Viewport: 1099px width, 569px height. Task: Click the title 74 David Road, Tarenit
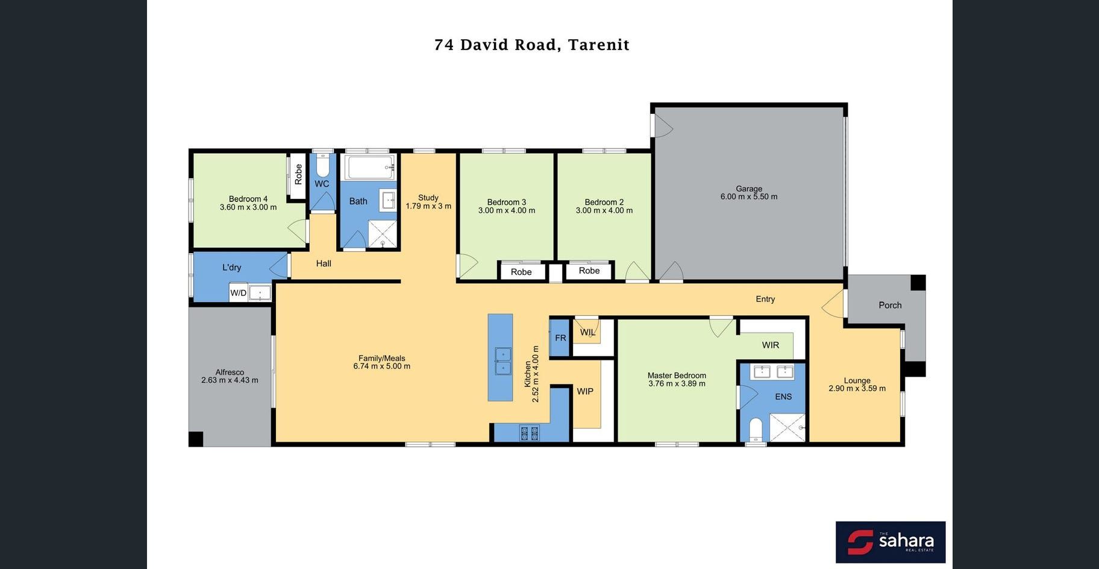click(531, 45)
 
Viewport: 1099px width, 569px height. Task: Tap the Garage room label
click(749, 189)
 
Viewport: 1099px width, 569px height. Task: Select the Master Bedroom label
click(677, 376)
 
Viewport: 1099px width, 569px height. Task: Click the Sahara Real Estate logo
click(891, 542)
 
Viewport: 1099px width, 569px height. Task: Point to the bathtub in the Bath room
click(371, 167)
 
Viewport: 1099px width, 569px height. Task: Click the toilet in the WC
click(322, 165)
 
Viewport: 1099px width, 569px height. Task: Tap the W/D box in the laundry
click(239, 293)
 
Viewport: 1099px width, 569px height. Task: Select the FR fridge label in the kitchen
click(560, 338)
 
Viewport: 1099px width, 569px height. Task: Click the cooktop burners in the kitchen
click(529, 432)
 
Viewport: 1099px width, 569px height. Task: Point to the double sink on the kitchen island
click(503, 361)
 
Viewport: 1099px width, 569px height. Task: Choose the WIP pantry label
click(585, 392)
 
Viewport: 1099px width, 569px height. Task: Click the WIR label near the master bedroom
click(771, 345)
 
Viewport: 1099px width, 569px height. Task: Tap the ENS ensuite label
click(783, 397)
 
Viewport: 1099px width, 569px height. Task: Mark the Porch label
click(890, 306)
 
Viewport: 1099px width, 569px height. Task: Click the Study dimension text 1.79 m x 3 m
click(428, 206)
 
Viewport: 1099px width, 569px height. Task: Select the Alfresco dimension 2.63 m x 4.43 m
click(230, 380)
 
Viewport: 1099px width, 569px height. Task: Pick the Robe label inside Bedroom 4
click(298, 174)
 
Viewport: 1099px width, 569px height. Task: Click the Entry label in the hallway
click(765, 299)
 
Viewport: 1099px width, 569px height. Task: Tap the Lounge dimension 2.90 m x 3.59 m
click(857, 389)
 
